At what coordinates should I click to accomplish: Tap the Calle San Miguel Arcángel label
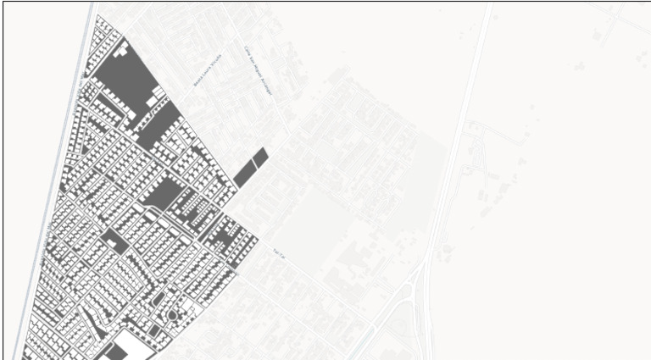[257, 69]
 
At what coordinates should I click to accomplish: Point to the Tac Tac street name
[282, 252]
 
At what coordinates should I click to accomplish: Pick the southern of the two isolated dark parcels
[246, 173]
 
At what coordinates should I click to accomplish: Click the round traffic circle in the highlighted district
[172, 315]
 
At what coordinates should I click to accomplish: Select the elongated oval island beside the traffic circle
[158, 299]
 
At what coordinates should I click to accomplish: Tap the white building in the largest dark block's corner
[151, 99]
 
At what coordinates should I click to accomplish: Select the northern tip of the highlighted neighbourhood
[94, 18]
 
